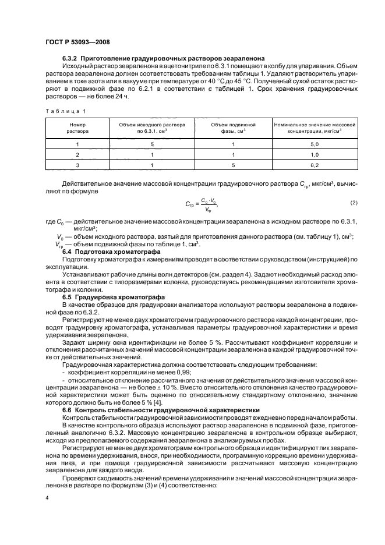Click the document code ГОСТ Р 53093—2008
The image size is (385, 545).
pyautogui.click(x=78, y=42)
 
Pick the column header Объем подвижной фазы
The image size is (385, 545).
pyautogui.click(x=233, y=128)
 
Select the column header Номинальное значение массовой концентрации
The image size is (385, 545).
pyautogui.click(x=314, y=128)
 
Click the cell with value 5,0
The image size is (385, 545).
pyautogui.click(x=314, y=143)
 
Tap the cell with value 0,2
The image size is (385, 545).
pyautogui.click(x=314, y=165)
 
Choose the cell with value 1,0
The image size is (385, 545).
pyautogui.click(x=314, y=154)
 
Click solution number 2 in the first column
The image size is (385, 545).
pyautogui.click(x=77, y=154)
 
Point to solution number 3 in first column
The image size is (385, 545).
pyautogui.click(x=77, y=165)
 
